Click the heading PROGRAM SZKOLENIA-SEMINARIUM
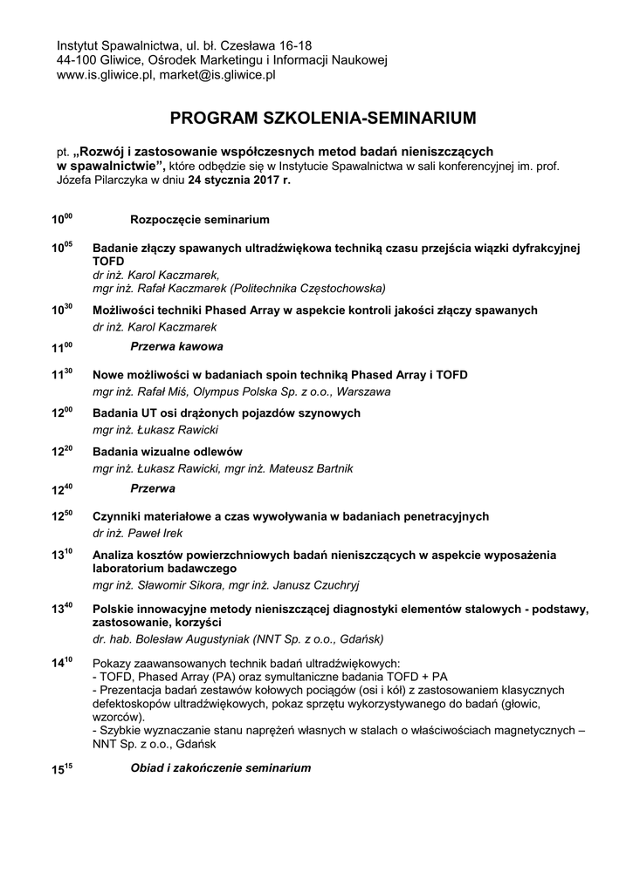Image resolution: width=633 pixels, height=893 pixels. (324, 117)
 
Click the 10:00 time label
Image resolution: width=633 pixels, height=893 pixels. (61, 219)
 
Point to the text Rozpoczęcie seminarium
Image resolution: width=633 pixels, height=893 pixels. (200, 219)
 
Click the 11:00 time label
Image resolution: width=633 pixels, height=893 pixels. (61, 347)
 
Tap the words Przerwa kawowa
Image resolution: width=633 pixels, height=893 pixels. (176, 347)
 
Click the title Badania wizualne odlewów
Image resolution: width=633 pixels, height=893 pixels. (167, 452)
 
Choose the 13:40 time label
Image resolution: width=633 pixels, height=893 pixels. (61, 607)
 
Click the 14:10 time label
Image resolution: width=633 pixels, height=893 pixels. (61, 663)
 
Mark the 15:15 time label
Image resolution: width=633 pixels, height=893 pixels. (61, 770)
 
